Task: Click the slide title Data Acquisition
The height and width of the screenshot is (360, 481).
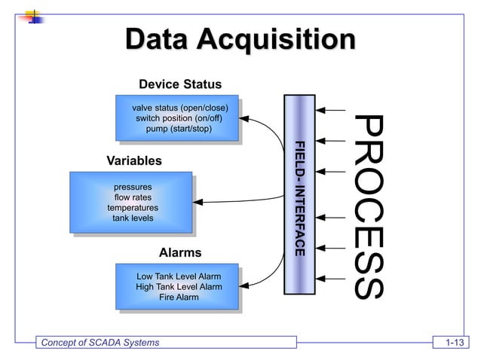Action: click(x=240, y=41)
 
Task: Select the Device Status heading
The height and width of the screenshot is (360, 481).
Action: click(x=180, y=83)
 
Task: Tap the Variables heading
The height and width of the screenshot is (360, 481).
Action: click(x=134, y=161)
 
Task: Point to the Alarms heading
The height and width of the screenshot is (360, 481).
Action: click(x=180, y=253)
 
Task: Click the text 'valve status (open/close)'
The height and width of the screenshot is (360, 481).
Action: click(x=179, y=108)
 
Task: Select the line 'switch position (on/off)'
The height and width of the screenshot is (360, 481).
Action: click(x=179, y=118)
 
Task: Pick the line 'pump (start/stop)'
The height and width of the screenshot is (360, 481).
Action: click(x=179, y=129)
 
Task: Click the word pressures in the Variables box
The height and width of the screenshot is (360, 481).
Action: click(x=133, y=187)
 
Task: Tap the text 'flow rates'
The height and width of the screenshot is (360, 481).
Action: click(x=133, y=197)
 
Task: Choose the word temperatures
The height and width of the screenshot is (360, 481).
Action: click(x=133, y=208)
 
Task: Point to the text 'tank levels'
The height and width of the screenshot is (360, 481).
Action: click(x=133, y=218)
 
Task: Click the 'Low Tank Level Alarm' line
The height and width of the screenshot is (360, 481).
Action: click(x=179, y=276)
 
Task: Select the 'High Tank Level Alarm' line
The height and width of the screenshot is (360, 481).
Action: click(x=179, y=287)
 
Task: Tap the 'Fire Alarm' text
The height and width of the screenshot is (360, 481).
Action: click(x=179, y=297)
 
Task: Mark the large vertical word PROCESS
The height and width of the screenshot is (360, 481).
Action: click(x=369, y=205)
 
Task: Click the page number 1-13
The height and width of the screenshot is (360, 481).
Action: click(x=454, y=343)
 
